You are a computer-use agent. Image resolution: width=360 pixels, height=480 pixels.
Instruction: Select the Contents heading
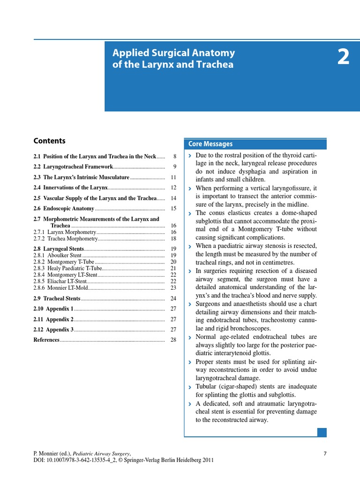pyautogui.click(x=49, y=141)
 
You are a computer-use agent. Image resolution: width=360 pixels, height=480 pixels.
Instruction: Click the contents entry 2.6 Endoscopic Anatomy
pyautogui.click(x=64, y=209)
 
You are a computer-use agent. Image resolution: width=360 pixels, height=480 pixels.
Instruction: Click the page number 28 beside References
pyautogui.click(x=173, y=340)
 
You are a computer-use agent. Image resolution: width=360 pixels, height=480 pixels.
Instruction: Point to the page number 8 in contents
pyautogui.click(x=174, y=156)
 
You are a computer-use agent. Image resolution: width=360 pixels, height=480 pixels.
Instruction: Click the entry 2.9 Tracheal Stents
pyautogui.click(x=57, y=298)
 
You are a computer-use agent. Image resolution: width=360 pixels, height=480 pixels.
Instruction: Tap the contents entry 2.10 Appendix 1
pyautogui.click(x=53, y=309)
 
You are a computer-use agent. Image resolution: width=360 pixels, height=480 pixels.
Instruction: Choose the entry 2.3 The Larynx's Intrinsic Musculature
pyautogui.click(x=81, y=178)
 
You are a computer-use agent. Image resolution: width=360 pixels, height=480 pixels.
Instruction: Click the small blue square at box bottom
pyautogui.click(x=322, y=432)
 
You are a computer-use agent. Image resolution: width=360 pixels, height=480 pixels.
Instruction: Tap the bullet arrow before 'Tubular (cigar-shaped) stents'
pyautogui.click(x=189, y=387)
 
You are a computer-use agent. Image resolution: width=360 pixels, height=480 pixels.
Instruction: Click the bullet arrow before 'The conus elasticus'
pyautogui.click(x=189, y=214)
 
